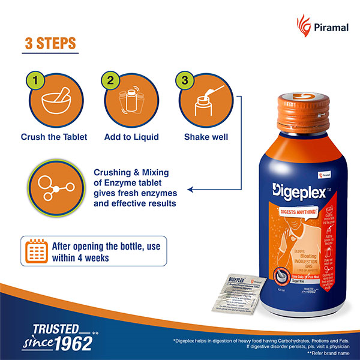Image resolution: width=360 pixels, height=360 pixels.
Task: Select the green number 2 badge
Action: click(110, 80)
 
